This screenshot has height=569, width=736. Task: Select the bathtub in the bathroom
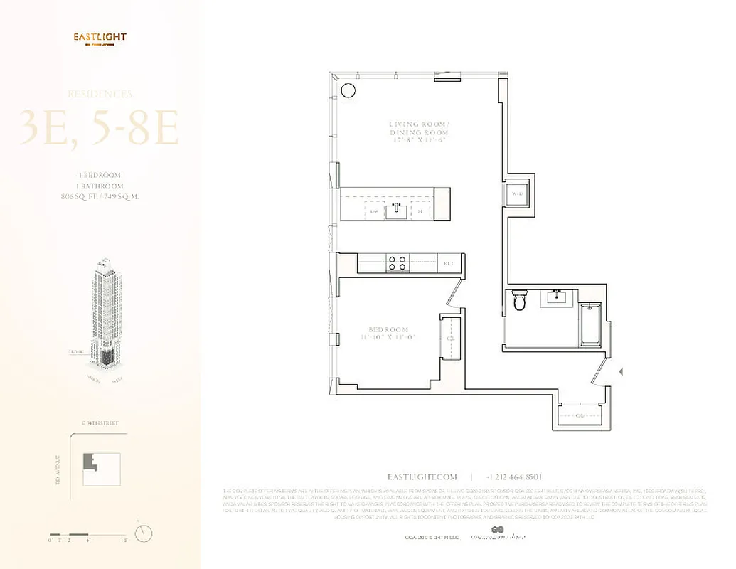tap(590, 326)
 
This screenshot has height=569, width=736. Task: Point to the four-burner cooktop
tap(397, 262)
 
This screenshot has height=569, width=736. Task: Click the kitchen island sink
tap(396, 211)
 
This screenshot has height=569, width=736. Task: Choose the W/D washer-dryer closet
tap(518, 193)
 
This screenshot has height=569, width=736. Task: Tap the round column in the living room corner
tap(348, 90)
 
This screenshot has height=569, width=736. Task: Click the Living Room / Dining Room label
tap(419, 132)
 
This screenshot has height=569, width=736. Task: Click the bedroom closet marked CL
tap(449, 339)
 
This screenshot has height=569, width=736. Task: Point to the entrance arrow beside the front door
tap(622, 371)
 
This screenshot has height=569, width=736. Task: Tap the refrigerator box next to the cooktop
tap(448, 263)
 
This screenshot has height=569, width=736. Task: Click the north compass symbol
tap(144, 533)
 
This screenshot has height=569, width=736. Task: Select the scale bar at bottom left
tap(78, 534)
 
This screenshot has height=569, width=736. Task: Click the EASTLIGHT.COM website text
tap(422, 477)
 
